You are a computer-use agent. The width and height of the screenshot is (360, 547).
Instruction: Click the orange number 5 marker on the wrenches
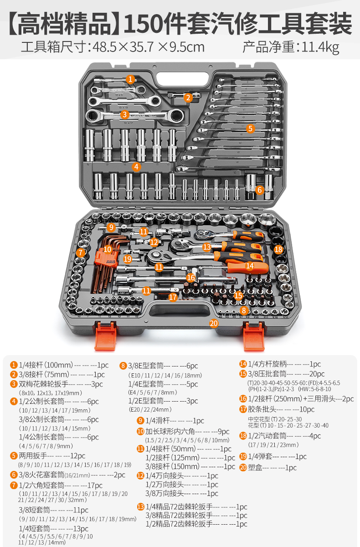point(250,129)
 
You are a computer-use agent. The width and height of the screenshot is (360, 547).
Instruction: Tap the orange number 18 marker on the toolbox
point(278,249)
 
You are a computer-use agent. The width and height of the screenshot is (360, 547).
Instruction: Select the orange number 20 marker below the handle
point(214,323)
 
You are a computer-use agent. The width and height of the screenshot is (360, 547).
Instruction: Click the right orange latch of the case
point(254,336)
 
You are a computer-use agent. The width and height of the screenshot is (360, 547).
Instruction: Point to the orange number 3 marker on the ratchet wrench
point(124,114)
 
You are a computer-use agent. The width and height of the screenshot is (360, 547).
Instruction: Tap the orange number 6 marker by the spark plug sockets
point(259,190)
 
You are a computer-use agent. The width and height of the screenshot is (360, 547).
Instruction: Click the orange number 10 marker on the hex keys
point(108,249)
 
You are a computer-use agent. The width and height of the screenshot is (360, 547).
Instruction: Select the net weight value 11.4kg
point(320,47)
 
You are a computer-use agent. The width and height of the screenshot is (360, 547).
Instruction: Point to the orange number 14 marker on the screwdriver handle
point(250,266)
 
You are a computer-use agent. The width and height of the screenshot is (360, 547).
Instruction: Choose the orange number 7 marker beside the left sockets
point(81,253)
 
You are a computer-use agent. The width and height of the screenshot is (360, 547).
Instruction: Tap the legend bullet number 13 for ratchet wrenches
point(141,507)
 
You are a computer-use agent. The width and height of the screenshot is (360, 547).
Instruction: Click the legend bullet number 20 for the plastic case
point(243,467)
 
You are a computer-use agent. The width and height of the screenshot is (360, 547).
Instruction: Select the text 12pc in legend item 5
point(78,456)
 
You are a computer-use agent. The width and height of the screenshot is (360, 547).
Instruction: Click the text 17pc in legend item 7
point(95,485)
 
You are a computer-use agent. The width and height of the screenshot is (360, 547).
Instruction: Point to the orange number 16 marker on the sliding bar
point(190,278)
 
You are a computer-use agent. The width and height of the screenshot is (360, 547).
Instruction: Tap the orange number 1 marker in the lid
point(130,79)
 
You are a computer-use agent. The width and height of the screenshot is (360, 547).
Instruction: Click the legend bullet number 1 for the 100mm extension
point(14,365)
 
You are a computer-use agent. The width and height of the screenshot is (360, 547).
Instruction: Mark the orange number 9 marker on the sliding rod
point(111,227)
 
